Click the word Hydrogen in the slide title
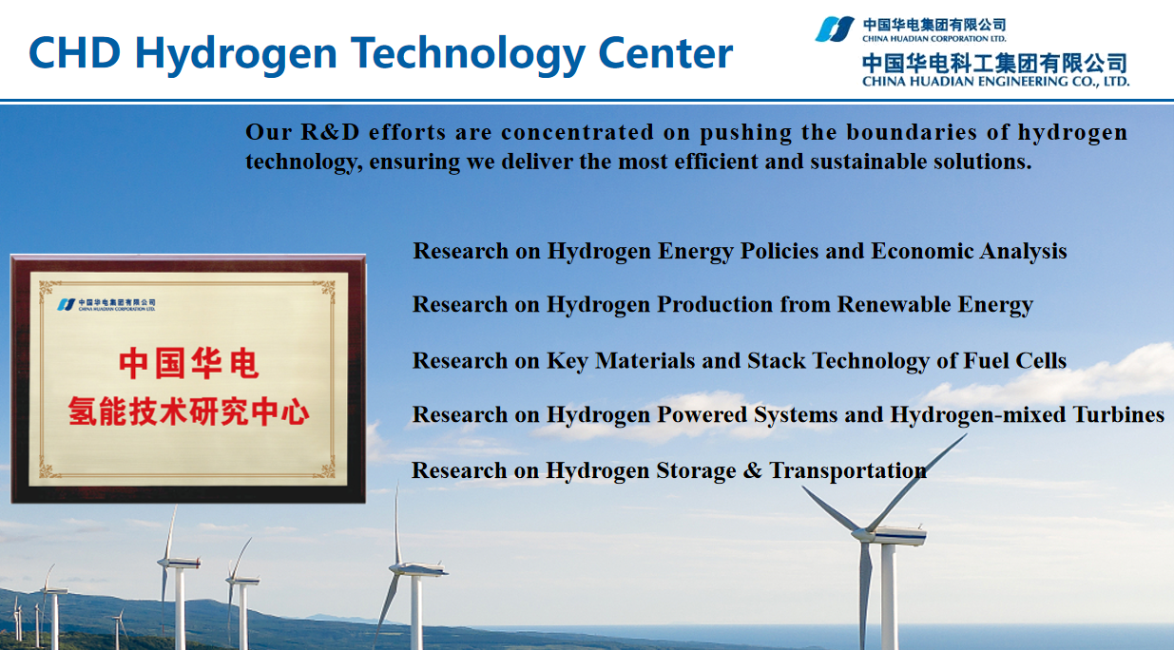[236, 54]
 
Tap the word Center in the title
[665, 53]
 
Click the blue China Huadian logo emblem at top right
[835, 29]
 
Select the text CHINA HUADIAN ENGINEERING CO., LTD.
[995, 82]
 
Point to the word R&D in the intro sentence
[330, 132]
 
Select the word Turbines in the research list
[1119, 414]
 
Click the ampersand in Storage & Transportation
[752, 470]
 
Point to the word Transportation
[848, 470]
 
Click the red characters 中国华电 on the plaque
[188, 364]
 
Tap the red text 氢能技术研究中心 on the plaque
[188, 411]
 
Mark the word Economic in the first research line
[922, 251]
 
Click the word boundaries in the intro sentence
[912, 132]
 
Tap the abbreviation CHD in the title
[75, 53]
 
